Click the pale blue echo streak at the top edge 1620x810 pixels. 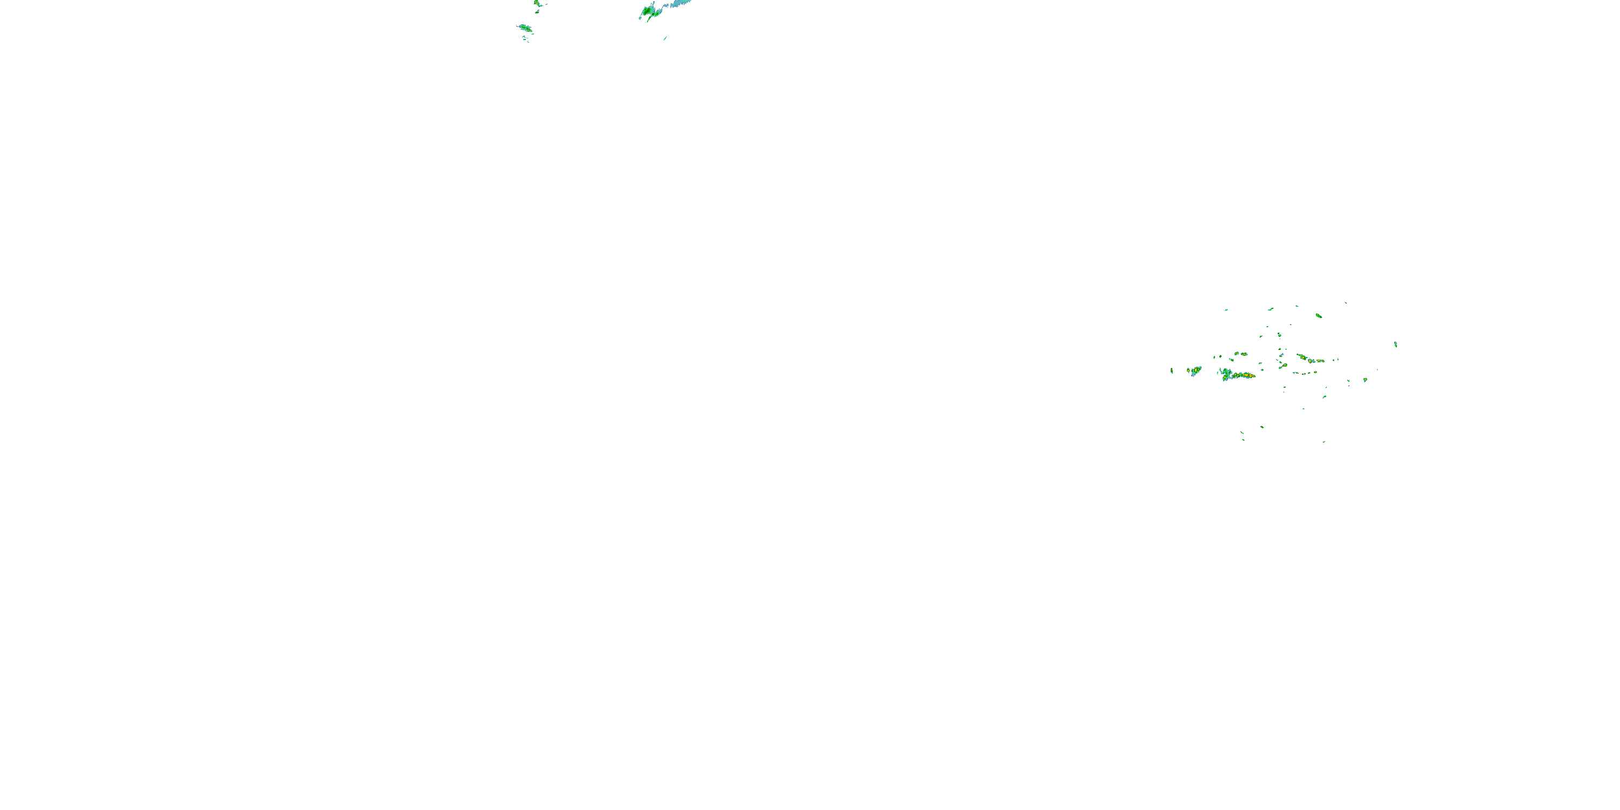(681, 3)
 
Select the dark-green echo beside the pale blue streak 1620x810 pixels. (648, 11)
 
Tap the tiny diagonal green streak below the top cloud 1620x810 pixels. (665, 38)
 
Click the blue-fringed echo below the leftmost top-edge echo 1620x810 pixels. (524, 28)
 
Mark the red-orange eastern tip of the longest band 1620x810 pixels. (1253, 376)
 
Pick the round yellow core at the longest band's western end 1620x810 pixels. (1226, 377)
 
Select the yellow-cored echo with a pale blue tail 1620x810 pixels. (1196, 370)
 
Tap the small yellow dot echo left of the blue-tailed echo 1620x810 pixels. (1188, 370)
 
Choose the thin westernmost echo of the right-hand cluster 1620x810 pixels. (1172, 370)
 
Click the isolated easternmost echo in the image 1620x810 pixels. (1395, 344)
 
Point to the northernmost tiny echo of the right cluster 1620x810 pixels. (1346, 302)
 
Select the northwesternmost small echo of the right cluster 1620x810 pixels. (1226, 309)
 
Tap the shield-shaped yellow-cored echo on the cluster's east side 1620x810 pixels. (1365, 380)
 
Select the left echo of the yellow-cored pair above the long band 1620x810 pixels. (1237, 354)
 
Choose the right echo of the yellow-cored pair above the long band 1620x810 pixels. (1244, 354)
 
